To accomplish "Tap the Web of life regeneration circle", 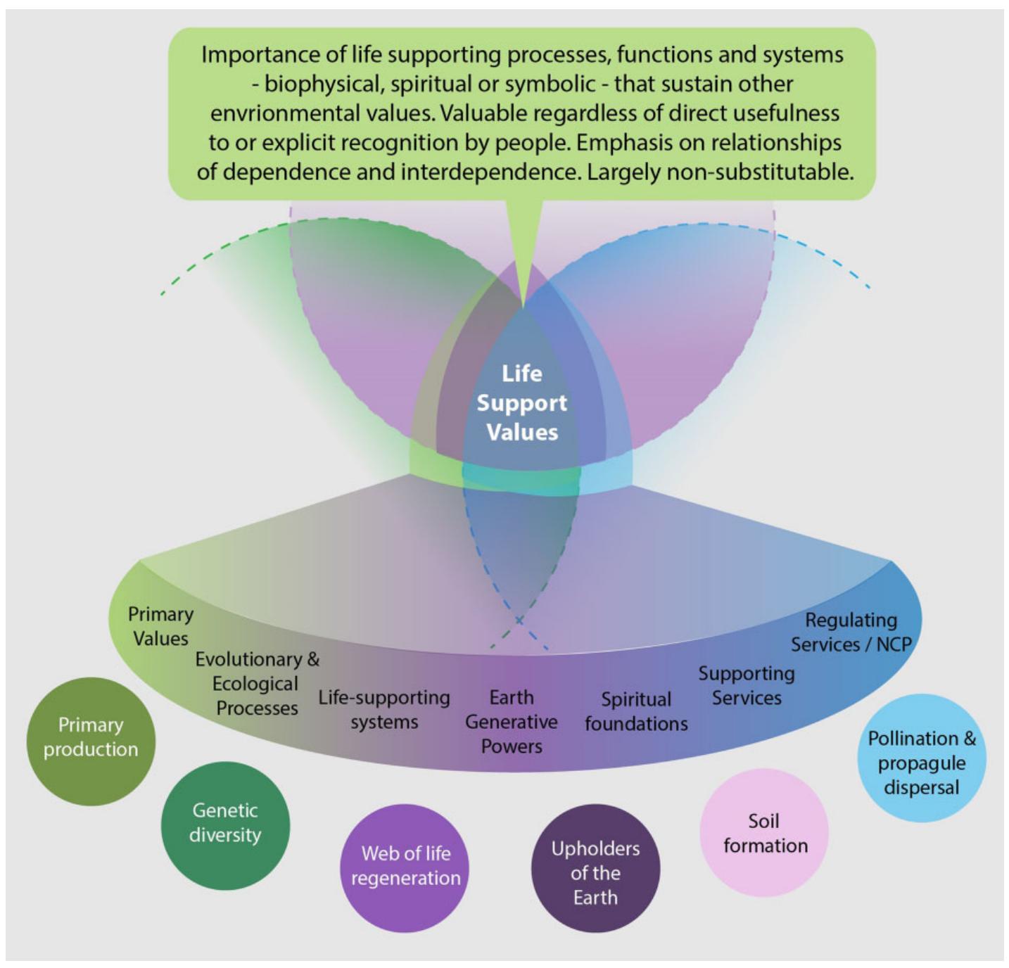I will [405, 867].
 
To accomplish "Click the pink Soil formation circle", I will [765, 833].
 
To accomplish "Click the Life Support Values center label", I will [521, 402].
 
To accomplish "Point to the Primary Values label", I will [160, 626].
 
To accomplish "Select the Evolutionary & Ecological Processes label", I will [257, 683].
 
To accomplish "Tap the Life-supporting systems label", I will [384, 709].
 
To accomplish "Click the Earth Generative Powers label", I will [512, 721].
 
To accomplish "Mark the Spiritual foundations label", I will [636, 711].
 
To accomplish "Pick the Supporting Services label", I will [747, 685].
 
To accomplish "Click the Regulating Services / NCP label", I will [851, 632].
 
